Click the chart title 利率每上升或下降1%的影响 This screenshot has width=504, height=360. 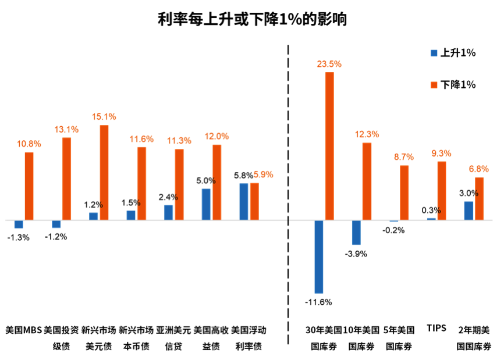252,19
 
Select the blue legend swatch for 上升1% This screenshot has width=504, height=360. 434,53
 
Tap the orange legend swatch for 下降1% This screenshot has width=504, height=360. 434,84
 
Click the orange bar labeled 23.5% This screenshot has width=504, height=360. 329,146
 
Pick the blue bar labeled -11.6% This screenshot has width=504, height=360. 319,256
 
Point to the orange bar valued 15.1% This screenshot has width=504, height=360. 104,173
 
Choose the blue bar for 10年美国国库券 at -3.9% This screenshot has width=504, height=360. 356,232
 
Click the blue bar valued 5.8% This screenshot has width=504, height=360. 244,202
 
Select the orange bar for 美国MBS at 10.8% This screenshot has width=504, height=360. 29,186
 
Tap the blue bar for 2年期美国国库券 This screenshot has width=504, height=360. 468,211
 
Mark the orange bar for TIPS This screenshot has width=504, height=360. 442,191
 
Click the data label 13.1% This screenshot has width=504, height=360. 66,129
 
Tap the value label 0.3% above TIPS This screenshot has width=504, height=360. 431,210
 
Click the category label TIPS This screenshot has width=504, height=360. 436,328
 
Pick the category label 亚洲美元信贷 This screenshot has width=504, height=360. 173,337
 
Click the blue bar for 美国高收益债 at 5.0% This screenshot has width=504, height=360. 206,204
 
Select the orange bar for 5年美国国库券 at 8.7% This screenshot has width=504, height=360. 404,193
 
